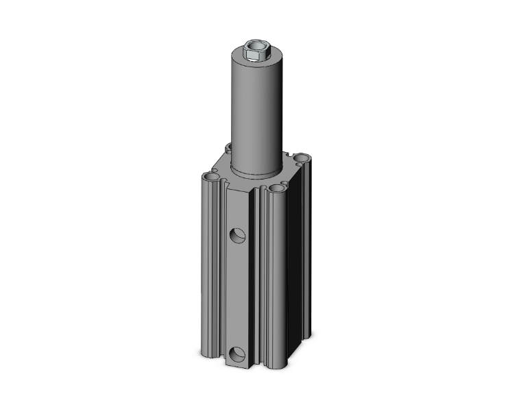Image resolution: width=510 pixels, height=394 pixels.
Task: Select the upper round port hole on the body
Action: tap(236, 235)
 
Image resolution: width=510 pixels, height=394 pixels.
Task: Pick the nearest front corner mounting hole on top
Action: tap(276, 187)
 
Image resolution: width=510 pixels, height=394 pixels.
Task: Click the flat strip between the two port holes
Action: tap(236, 295)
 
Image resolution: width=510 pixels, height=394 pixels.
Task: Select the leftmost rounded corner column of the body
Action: tap(210, 274)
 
